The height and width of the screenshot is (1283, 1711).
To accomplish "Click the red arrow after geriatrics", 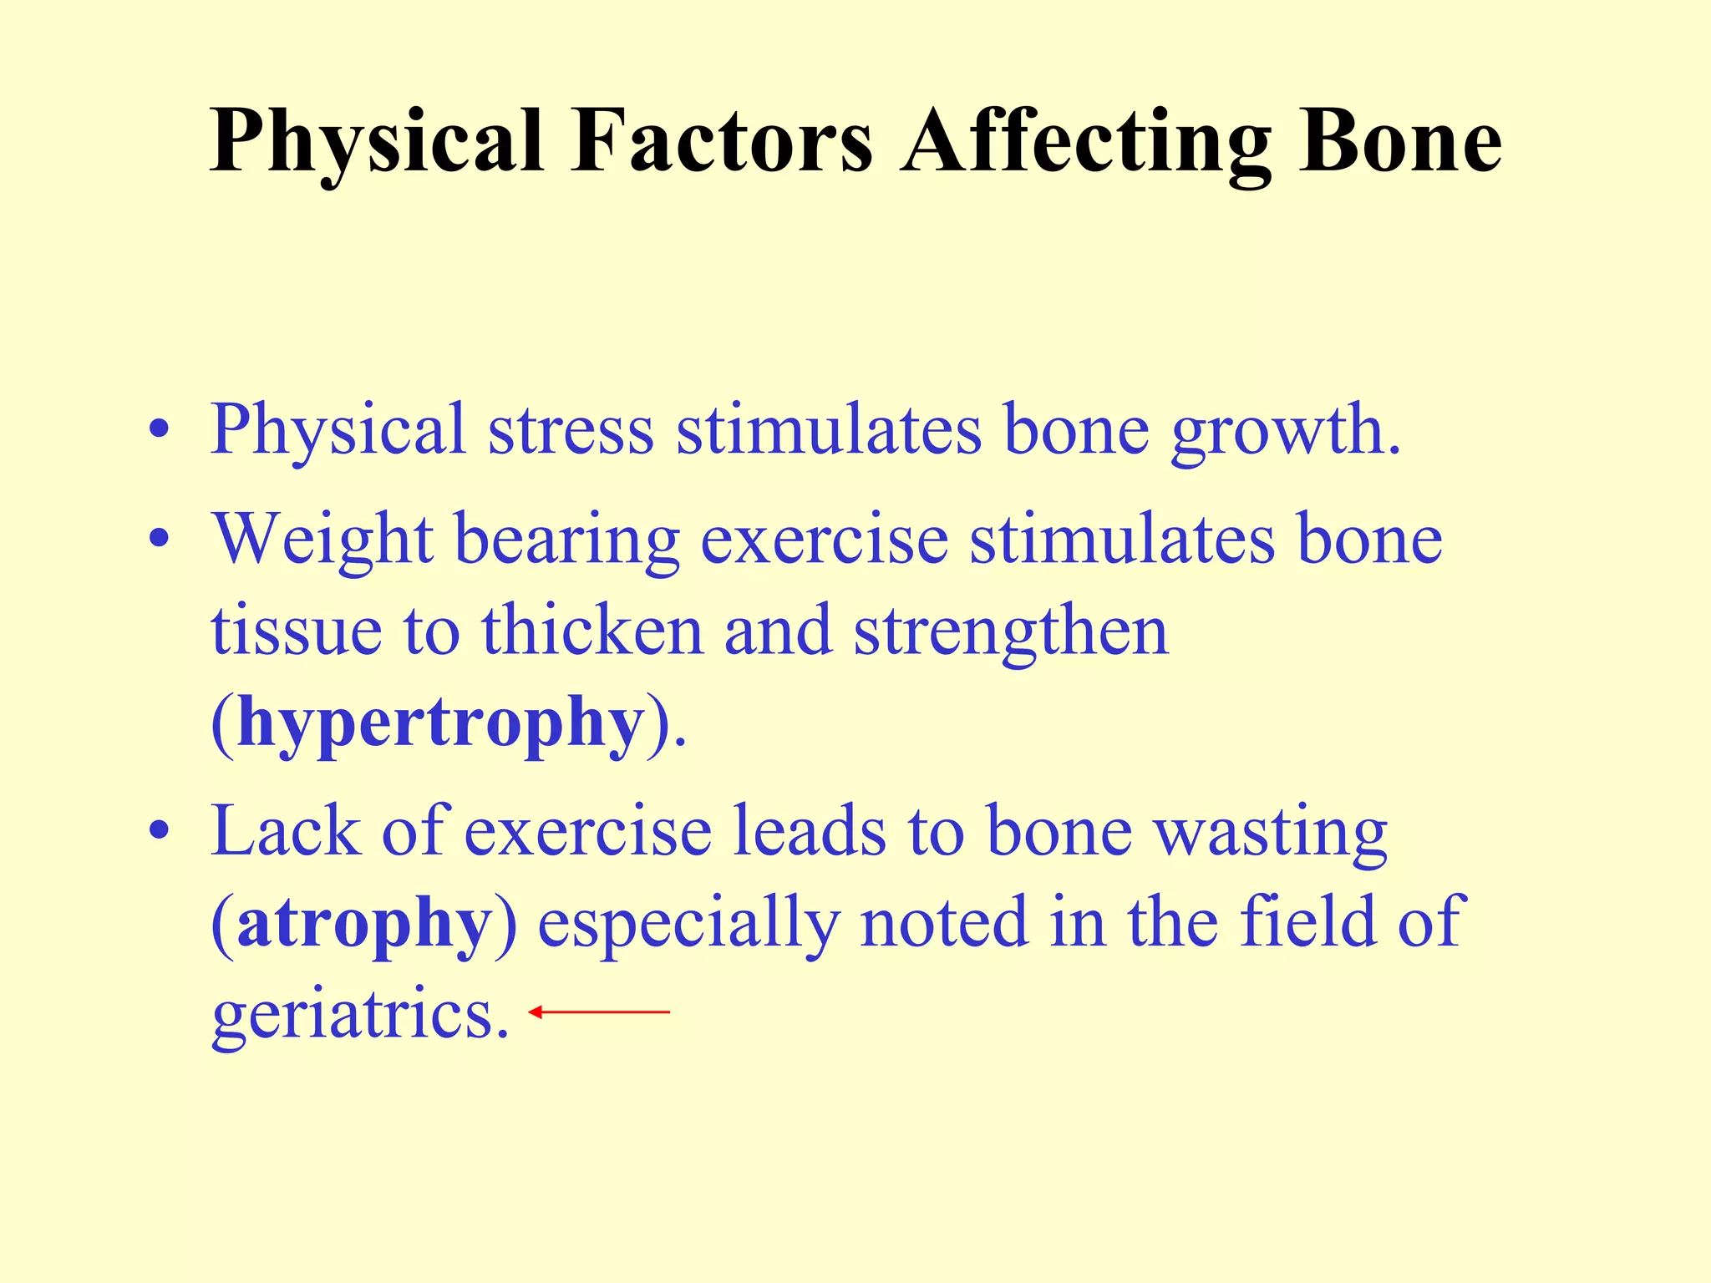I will click(599, 1012).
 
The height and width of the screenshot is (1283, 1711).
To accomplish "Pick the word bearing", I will click(566, 540).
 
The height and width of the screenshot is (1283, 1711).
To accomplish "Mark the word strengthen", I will click(1011, 631).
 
